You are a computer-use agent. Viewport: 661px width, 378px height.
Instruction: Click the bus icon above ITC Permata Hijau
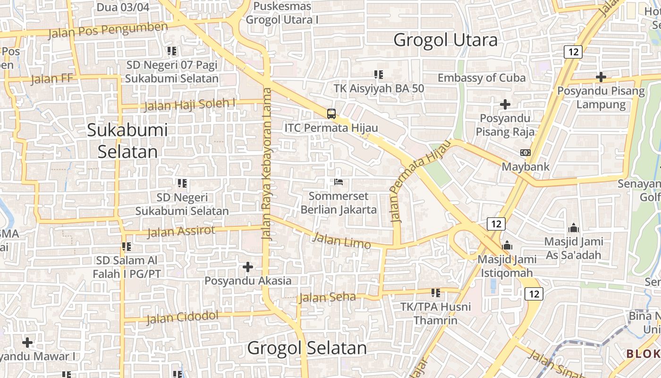(331, 113)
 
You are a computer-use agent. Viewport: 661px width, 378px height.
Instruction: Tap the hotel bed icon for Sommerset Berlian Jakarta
(338, 181)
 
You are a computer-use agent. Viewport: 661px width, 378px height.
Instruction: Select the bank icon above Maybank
(525, 153)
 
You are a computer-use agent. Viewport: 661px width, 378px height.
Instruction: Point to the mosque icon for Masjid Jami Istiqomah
(508, 245)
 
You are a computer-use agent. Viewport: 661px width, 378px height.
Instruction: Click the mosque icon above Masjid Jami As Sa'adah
(574, 228)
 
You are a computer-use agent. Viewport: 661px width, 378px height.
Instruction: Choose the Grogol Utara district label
(445, 40)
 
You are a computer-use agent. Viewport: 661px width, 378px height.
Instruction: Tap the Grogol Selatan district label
(307, 348)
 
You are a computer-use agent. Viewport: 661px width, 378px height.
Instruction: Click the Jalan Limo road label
(341, 241)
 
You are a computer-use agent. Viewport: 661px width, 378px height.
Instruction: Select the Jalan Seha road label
(327, 297)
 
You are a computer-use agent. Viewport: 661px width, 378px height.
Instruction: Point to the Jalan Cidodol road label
(182, 318)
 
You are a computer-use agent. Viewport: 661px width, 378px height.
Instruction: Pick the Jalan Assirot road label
(181, 232)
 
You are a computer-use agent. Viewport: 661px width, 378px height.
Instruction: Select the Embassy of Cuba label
(482, 78)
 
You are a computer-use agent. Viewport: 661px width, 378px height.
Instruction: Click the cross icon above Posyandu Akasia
(248, 267)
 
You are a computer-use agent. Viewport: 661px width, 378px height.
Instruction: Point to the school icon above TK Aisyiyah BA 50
(378, 74)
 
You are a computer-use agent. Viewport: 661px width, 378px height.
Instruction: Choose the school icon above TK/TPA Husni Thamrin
(435, 293)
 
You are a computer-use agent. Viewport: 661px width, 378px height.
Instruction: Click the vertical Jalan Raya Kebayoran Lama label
(267, 164)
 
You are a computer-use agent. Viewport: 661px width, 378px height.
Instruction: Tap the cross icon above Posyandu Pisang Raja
(505, 104)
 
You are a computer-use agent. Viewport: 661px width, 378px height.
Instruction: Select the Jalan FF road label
(52, 78)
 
